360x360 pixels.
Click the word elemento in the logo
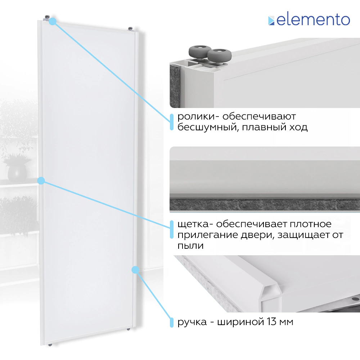tap(313, 20)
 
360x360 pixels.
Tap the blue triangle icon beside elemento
tap(271, 21)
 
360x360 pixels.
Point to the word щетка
tap(193, 224)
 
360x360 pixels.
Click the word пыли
tap(190, 246)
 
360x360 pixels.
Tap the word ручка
tap(192, 322)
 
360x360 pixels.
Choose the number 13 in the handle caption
tap(271, 321)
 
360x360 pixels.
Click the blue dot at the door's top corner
tap(53, 21)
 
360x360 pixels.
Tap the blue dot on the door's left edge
tap(41, 181)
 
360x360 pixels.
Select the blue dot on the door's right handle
tap(135, 270)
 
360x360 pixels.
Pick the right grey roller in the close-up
tap(219, 56)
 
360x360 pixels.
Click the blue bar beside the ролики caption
tap(171, 122)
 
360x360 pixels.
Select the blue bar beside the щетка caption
tap(171, 230)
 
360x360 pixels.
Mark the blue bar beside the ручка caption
tap(171, 322)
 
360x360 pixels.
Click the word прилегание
tap(207, 235)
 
